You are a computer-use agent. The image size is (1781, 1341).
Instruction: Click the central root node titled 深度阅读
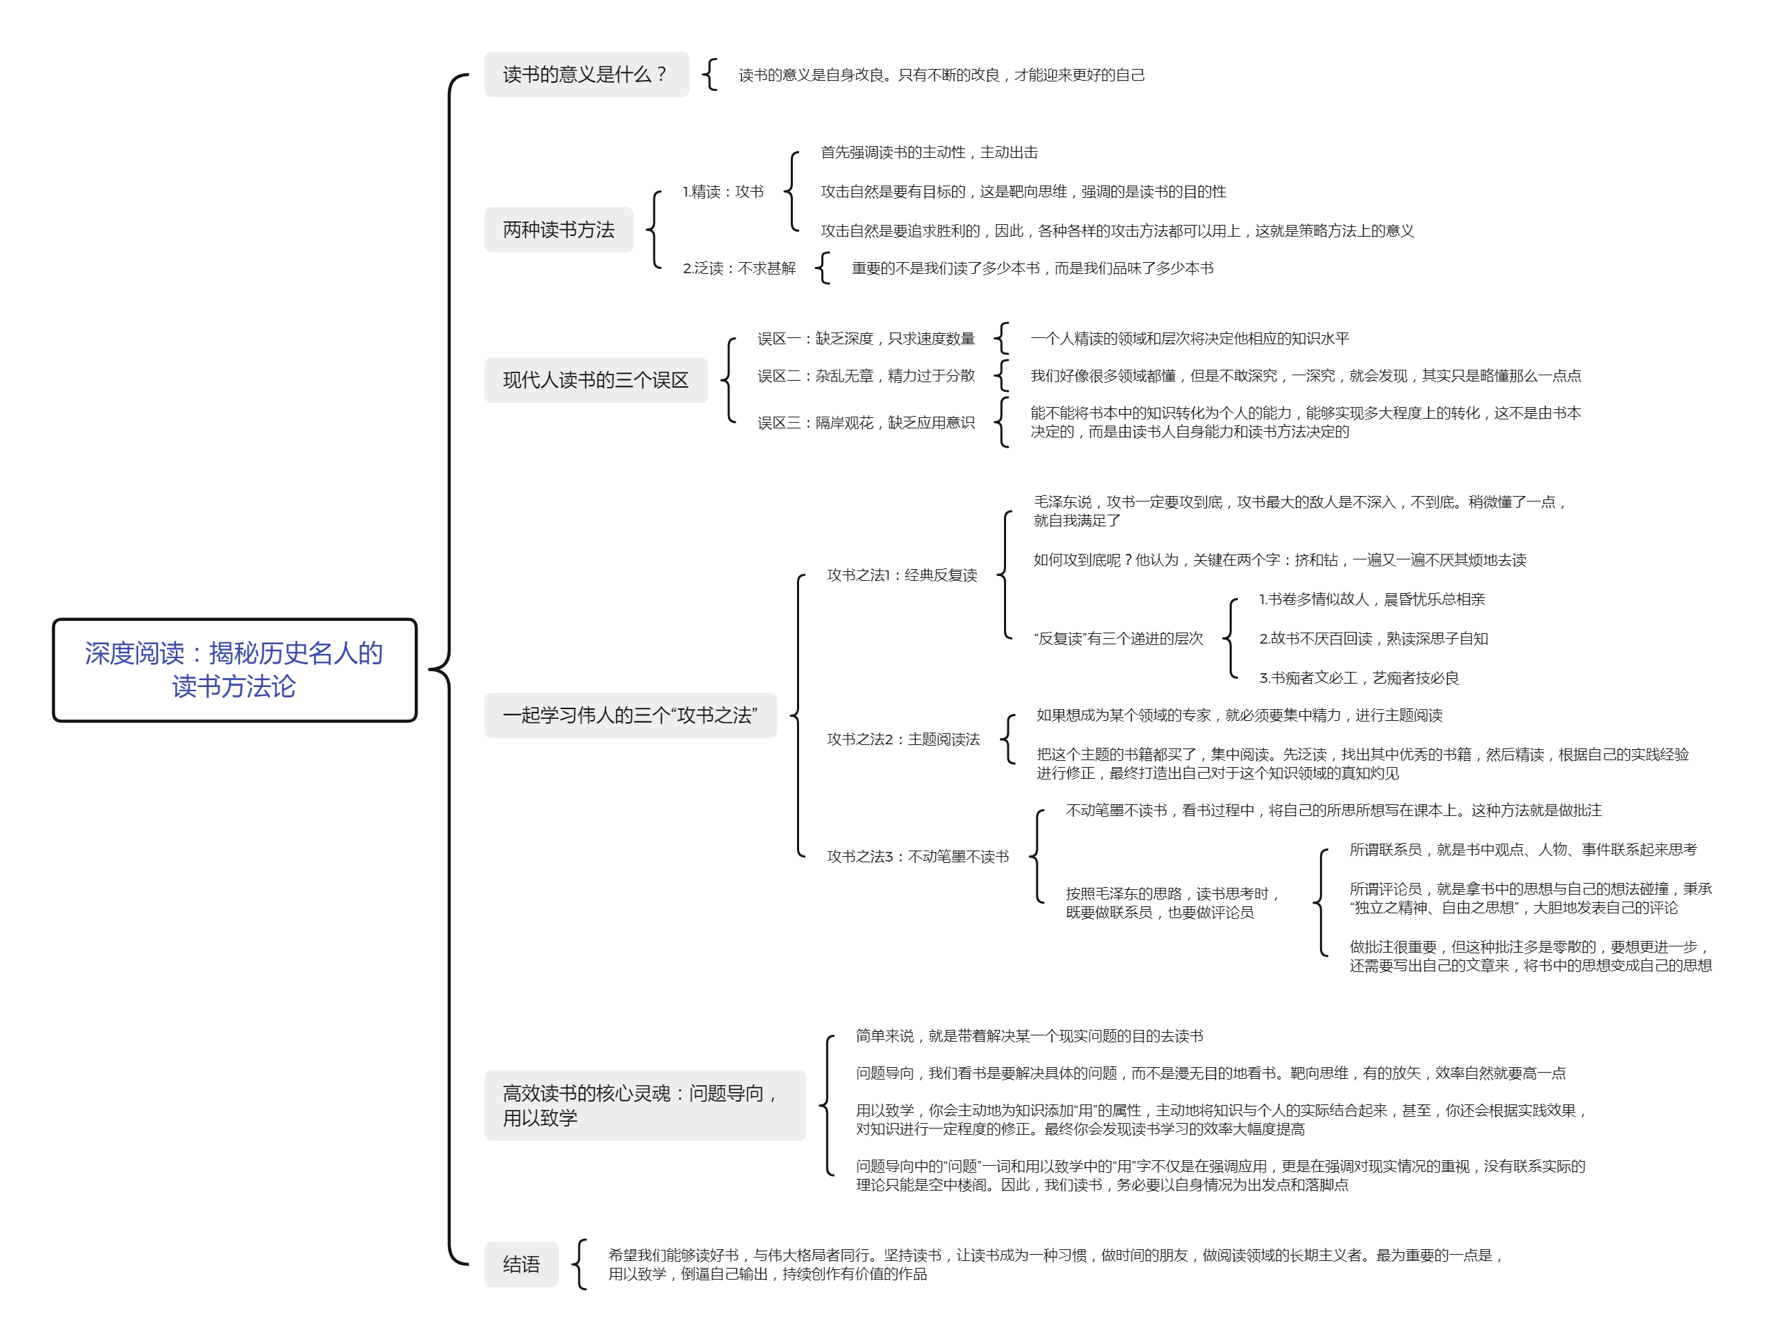point(235,670)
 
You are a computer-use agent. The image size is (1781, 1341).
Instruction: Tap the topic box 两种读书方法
point(559,230)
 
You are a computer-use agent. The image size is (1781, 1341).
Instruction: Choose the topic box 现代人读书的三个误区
point(596,380)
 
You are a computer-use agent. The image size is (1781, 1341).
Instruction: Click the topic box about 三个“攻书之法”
point(631,715)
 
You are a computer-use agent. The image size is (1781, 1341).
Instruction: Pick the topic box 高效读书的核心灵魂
point(645,1105)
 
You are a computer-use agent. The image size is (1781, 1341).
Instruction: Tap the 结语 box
point(521,1264)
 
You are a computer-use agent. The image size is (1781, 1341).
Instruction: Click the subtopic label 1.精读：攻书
point(723,192)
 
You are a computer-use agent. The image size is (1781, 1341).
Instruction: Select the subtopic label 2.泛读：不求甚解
point(739,268)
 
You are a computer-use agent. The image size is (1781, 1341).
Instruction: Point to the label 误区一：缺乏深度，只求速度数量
point(866,339)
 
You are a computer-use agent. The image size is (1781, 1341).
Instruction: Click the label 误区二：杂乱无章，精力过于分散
point(866,376)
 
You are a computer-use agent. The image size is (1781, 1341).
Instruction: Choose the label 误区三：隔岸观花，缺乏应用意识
point(866,423)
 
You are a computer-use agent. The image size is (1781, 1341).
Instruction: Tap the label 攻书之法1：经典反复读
point(903,575)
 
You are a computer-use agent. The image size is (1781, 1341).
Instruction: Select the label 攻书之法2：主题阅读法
point(903,739)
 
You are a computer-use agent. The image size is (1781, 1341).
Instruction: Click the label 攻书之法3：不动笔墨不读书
point(918,857)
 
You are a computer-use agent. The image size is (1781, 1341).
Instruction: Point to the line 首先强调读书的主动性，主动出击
point(929,152)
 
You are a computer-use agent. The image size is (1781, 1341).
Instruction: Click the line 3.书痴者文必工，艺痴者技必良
point(1359,678)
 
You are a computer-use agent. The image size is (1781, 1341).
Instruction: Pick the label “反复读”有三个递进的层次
point(1119,638)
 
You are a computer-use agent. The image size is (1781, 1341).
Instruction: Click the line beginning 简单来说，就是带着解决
point(1030,1036)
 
